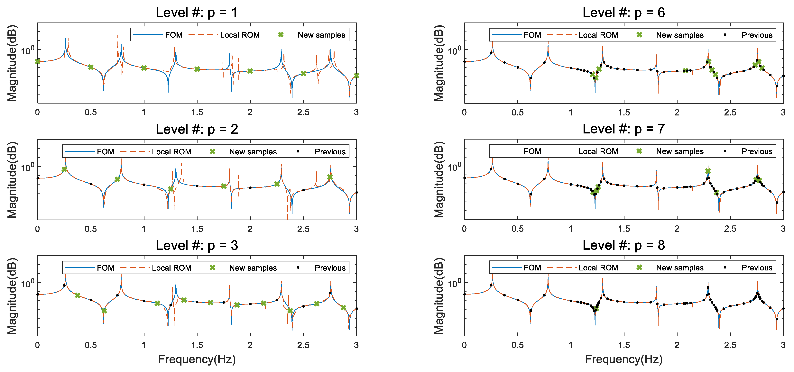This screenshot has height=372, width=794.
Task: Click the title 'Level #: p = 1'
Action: pos(197,13)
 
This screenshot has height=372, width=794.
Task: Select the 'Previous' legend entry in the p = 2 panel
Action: pos(330,152)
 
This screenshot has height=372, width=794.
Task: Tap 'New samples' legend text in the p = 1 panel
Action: pos(321,35)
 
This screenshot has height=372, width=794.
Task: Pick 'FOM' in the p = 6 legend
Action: pos(532,35)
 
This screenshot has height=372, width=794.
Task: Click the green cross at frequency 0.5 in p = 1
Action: pos(91,67)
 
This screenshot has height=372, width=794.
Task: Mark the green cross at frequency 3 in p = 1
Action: pos(356,76)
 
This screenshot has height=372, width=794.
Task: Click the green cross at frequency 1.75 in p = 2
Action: pos(224,186)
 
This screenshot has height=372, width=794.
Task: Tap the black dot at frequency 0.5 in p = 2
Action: pos(91,184)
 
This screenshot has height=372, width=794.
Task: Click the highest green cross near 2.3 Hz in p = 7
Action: pos(708,171)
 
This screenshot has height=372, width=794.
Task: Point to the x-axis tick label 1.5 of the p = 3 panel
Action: pos(197,345)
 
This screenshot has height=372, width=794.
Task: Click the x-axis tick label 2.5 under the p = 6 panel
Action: pos(730,113)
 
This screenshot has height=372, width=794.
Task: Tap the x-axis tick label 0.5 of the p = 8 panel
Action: pos(518,345)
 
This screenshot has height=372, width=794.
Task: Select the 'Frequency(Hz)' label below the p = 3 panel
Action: pos(197,359)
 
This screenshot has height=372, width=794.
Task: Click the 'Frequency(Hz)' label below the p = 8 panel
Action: pos(623,359)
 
